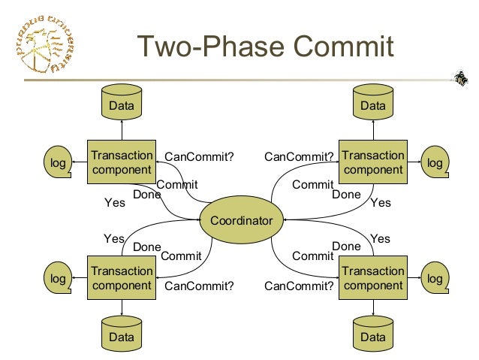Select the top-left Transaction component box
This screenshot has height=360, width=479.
coord(122,162)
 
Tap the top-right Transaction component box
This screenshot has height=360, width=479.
coord(372,162)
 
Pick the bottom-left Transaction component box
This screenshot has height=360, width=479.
coord(122,277)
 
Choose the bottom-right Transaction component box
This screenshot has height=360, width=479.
coord(372,277)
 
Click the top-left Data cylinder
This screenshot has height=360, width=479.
coord(122,104)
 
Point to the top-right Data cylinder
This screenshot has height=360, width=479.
coord(372,104)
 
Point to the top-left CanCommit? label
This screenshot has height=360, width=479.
coord(199,157)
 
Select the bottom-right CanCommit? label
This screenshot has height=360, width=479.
coord(299,286)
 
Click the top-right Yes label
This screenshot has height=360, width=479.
coord(381,202)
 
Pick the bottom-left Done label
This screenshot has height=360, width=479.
coord(146,247)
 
